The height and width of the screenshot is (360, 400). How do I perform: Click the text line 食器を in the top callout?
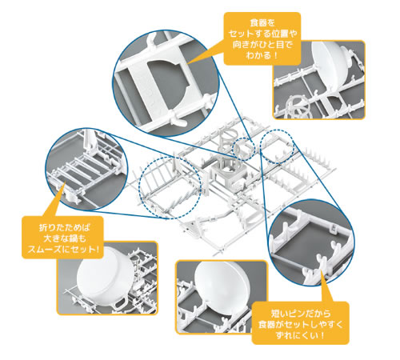pyautogui.click(x=262, y=23)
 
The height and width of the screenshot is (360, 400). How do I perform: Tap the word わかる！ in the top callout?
pyautogui.click(x=262, y=55)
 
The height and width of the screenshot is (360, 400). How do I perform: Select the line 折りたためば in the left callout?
pyautogui.click(x=64, y=227)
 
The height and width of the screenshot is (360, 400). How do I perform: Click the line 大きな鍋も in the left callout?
pyautogui.click(x=64, y=238)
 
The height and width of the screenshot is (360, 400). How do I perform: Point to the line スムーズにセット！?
pyautogui.click(x=63, y=250)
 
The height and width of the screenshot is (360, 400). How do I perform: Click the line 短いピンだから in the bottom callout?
pyautogui.click(x=301, y=313)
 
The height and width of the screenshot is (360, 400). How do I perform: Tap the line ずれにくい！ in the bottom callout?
pyautogui.click(x=301, y=335)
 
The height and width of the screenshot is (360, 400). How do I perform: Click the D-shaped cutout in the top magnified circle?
pyautogui.click(x=167, y=81)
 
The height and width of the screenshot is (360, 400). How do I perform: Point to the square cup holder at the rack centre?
pyautogui.click(x=230, y=174)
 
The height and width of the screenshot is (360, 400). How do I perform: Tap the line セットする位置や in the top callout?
pyautogui.click(x=262, y=34)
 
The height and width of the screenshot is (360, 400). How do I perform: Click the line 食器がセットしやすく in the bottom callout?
pyautogui.click(x=301, y=324)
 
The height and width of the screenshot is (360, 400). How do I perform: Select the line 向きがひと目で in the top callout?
pyautogui.click(x=262, y=45)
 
